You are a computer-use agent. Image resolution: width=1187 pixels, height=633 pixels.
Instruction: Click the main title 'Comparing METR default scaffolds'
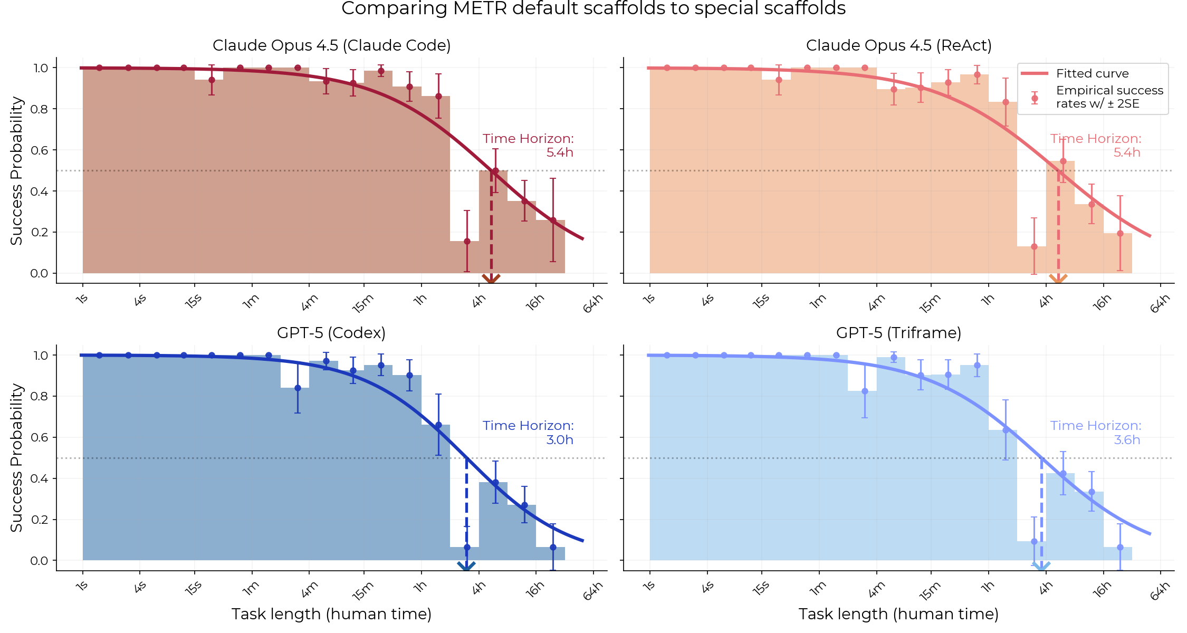tap(593, 8)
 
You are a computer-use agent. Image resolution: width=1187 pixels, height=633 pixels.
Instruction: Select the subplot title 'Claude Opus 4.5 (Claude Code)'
tap(331, 45)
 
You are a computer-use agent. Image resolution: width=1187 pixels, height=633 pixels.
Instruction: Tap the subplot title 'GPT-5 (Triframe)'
tap(898, 333)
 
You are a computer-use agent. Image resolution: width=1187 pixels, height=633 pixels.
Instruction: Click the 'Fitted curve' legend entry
tap(1092, 73)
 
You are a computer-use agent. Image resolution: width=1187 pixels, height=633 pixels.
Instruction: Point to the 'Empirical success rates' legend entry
tap(1109, 97)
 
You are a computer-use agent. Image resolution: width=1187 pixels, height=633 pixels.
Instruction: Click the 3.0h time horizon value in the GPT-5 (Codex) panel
tap(559, 440)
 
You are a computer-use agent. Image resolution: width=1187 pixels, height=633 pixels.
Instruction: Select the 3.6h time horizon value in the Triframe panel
tap(1126, 440)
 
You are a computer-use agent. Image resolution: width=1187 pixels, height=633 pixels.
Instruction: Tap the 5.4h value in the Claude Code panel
tap(559, 152)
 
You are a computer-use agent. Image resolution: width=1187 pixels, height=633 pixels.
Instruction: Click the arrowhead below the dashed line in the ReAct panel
tap(1058, 279)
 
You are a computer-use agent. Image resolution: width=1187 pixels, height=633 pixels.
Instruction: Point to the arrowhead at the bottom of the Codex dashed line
tap(466, 566)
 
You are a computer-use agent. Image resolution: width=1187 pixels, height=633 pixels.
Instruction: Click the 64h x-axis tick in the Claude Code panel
tap(592, 304)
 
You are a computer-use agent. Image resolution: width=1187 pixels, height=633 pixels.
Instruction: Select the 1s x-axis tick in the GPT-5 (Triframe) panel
tap(649, 586)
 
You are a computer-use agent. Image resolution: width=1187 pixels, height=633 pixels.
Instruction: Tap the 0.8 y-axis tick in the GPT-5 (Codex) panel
tap(40, 396)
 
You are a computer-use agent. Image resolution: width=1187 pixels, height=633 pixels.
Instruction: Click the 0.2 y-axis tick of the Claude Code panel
tap(40, 232)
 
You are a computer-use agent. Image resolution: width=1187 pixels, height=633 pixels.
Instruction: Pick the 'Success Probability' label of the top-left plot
tap(17, 170)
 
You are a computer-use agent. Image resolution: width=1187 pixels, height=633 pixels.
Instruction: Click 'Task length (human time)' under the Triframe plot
tap(898, 614)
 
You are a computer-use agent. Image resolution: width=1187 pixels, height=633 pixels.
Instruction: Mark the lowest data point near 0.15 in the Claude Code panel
tap(467, 241)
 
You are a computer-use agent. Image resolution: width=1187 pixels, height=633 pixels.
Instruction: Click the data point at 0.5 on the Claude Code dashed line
tap(495, 171)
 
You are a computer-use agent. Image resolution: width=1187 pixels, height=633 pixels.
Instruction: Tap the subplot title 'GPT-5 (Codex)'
tap(331, 333)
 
